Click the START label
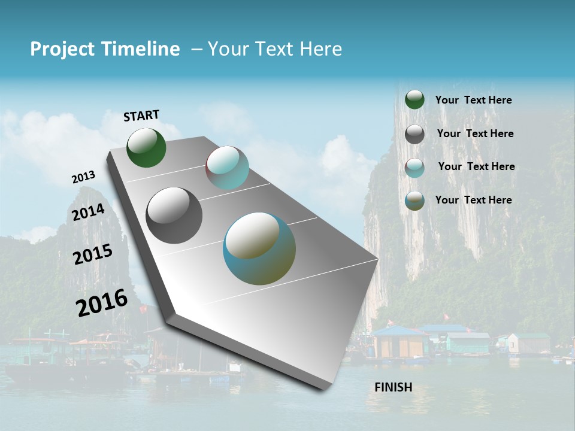[x=141, y=116]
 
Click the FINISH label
[x=393, y=387]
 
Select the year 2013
[x=83, y=177]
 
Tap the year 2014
[x=89, y=212]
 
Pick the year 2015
[x=93, y=254]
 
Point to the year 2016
[x=102, y=302]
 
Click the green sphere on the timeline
[x=146, y=148]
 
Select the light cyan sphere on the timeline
[x=227, y=168]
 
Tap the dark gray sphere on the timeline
[x=174, y=215]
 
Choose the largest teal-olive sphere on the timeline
[x=259, y=248]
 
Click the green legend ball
[x=414, y=99]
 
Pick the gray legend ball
[x=414, y=134]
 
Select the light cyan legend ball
[x=414, y=168]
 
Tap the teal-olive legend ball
[x=414, y=201]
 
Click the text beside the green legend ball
[x=473, y=100]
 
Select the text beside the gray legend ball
[x=475, y=133]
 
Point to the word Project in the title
[x=62, y=49]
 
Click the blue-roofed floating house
[x=398, y=341]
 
